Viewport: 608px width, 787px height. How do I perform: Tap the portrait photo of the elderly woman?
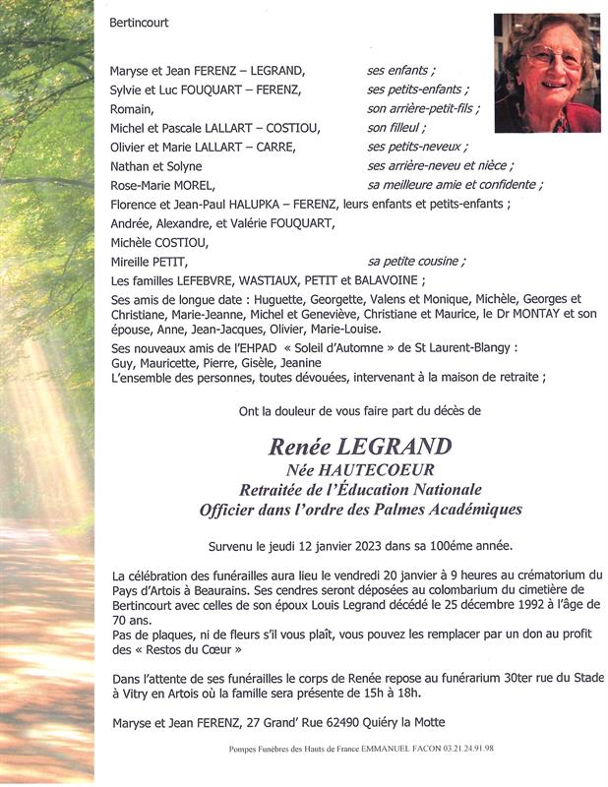point(547,73)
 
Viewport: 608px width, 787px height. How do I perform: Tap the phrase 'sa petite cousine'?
point(416,261)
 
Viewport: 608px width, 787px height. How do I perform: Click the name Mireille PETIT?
point(149,262)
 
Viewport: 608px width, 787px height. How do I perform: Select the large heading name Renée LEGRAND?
point(361,447)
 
